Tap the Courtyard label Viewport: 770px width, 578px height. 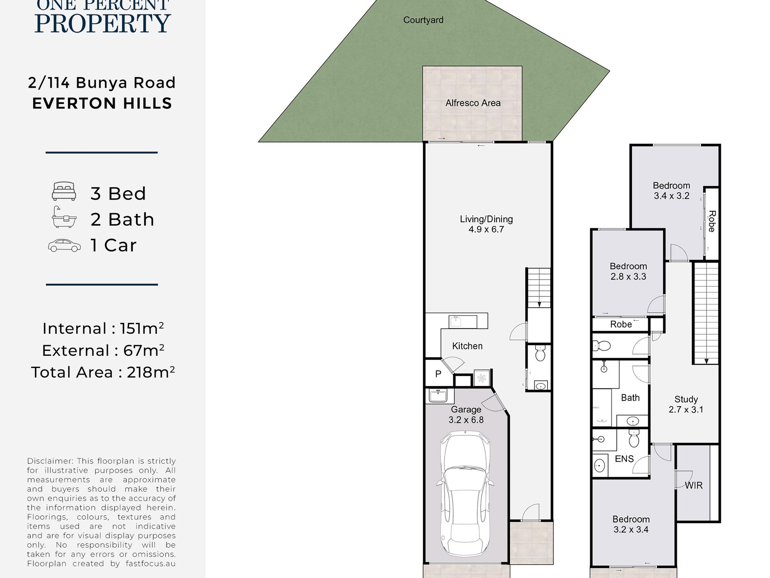pyautogui.click(x=423, y=20)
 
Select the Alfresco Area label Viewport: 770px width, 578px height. pyautogui.click(x=473, y=103)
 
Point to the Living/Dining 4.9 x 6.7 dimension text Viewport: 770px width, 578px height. pyautogui.click(x=486, y=229)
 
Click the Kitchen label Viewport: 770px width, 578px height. pyautogui.click(x=467, y=346)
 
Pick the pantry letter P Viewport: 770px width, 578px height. pyautogui.click(x=438, y=374)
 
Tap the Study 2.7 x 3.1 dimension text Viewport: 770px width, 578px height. pyautogui.click(x=686, y=409)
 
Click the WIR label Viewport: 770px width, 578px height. pyautogui.click(x=694, y=485)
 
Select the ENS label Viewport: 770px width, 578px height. pyautogui.click(x=624, y=459)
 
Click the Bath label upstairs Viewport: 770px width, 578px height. pyautogui.click(x=630, y=398)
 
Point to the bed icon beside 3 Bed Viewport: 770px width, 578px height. pyautogui.click(x=64, y=191)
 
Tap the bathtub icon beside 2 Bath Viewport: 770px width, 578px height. pyautogui.click(x=64, y=217)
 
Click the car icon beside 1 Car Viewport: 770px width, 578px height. pyautogui.click(x=64, y=245)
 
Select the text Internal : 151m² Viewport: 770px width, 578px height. pyautogui.click(x=103, y=329)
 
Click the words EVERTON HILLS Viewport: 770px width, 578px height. pyautogui.click(x=102, y=103)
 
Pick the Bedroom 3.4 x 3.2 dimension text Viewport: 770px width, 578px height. pyautogui.click(x=672, y=196)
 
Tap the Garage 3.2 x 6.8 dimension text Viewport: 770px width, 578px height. pyautogui.click(x=466, y=420)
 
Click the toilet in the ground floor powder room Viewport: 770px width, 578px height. pyautogui.click(x=540, y=353)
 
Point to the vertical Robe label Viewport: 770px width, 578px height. pyautogui.click(x=712, y=221)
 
